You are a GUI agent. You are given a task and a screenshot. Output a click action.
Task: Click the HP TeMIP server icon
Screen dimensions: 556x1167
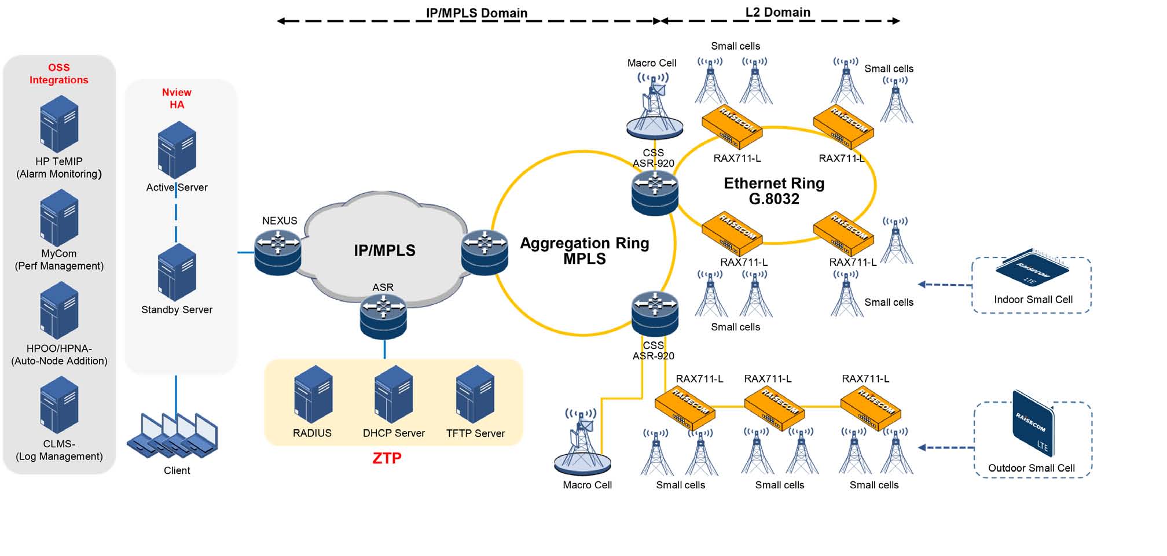(59, 124)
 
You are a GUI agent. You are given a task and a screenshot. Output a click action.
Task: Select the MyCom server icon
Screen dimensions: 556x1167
(59, 218)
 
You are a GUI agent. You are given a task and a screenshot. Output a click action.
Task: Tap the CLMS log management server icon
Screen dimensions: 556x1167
(59, 405)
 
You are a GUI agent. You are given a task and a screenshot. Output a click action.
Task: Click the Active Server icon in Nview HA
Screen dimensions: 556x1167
(177, 150)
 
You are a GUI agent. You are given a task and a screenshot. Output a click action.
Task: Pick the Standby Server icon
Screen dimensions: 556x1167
(177, 272)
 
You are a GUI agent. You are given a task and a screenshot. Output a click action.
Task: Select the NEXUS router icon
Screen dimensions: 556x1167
(278, 252)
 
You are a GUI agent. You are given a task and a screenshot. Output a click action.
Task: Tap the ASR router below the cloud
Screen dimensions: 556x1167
(383, 316)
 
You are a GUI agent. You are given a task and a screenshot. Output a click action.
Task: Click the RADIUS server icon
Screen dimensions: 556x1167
(313, 395)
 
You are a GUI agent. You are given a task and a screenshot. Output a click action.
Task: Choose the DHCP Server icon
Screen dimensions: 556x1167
(394, 395)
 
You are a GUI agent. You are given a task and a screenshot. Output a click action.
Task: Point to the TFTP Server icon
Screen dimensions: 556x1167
(475, 395)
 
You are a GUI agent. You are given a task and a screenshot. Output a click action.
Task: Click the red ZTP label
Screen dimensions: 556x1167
(387, 458)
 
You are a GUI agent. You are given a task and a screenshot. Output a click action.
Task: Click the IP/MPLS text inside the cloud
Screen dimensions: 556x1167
(384, 251)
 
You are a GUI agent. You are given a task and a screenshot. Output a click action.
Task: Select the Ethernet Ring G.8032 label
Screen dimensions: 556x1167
(774, 191)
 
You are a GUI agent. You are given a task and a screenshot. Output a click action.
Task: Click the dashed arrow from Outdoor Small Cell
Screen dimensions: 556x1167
(946, 447)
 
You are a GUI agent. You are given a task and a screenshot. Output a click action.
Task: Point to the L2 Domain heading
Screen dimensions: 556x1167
(777, 12)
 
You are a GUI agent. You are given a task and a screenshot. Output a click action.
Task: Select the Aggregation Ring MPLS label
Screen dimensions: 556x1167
(584, 251)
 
